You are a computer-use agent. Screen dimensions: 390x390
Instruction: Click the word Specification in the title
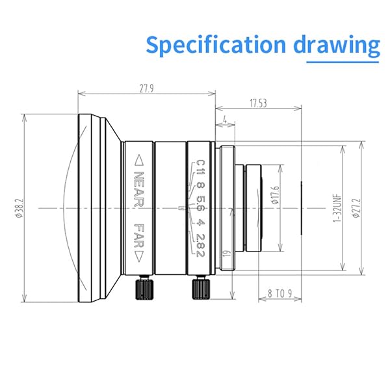pyautogui.click(x=214, y=45)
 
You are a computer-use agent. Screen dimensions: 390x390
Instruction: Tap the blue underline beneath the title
pyautogui.click(x=343, y=62)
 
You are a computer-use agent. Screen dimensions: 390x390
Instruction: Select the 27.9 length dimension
pyautogui.click(x=146, y=90)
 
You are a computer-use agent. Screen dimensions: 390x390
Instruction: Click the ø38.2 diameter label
pyautogui.click(x=19, y=208)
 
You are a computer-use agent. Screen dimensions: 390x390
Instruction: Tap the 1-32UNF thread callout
pyautogui.click(x=337, y=208)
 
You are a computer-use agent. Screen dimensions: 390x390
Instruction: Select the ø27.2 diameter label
pyautogui.click(x=357, y=208)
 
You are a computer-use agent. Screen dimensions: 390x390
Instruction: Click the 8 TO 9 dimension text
pyautogui.click(x=279, y=293)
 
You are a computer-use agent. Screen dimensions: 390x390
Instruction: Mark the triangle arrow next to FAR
pyautogui.click(x=138, y=257)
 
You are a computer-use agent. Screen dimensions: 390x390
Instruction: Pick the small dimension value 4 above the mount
pyautogui.click(x=224, y=120)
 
